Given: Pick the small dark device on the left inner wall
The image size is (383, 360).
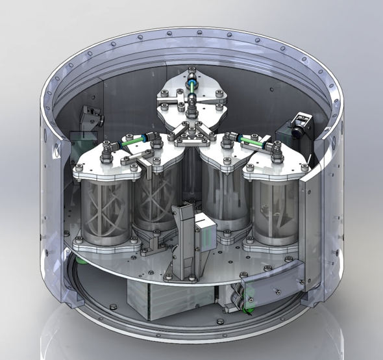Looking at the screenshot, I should (90, 117).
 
